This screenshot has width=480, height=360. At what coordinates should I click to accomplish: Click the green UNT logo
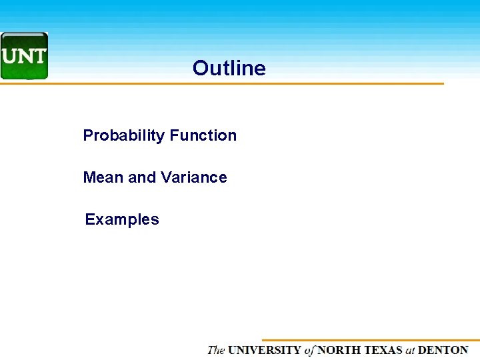[x=24, y=56]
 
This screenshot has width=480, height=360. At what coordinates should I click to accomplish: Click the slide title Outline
[x=229, y=68]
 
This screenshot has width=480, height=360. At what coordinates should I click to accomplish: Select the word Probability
[x=123, y=136]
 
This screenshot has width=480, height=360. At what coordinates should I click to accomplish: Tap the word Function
[x=203, y=135]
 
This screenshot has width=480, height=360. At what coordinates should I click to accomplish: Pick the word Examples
[x=122, y=219]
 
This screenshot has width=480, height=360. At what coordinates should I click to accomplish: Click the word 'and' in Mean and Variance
[x=141, y=177]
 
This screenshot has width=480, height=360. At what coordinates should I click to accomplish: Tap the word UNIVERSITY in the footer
[x=265, y=350]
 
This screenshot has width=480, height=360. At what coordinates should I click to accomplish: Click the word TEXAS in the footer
[x=383, y=350]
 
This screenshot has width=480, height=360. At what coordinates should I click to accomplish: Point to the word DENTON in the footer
[x=443, y=350]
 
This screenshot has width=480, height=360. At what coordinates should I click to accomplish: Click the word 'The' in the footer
[x=216, y=350]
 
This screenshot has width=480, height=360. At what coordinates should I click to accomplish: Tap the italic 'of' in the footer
[x=309, y=350]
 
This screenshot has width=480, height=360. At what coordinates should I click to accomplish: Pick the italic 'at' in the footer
[x=410, y=350]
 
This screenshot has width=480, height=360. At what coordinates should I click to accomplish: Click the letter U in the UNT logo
[x=10, y=55]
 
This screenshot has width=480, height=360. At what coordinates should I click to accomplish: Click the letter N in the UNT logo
[x=24, y=55]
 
